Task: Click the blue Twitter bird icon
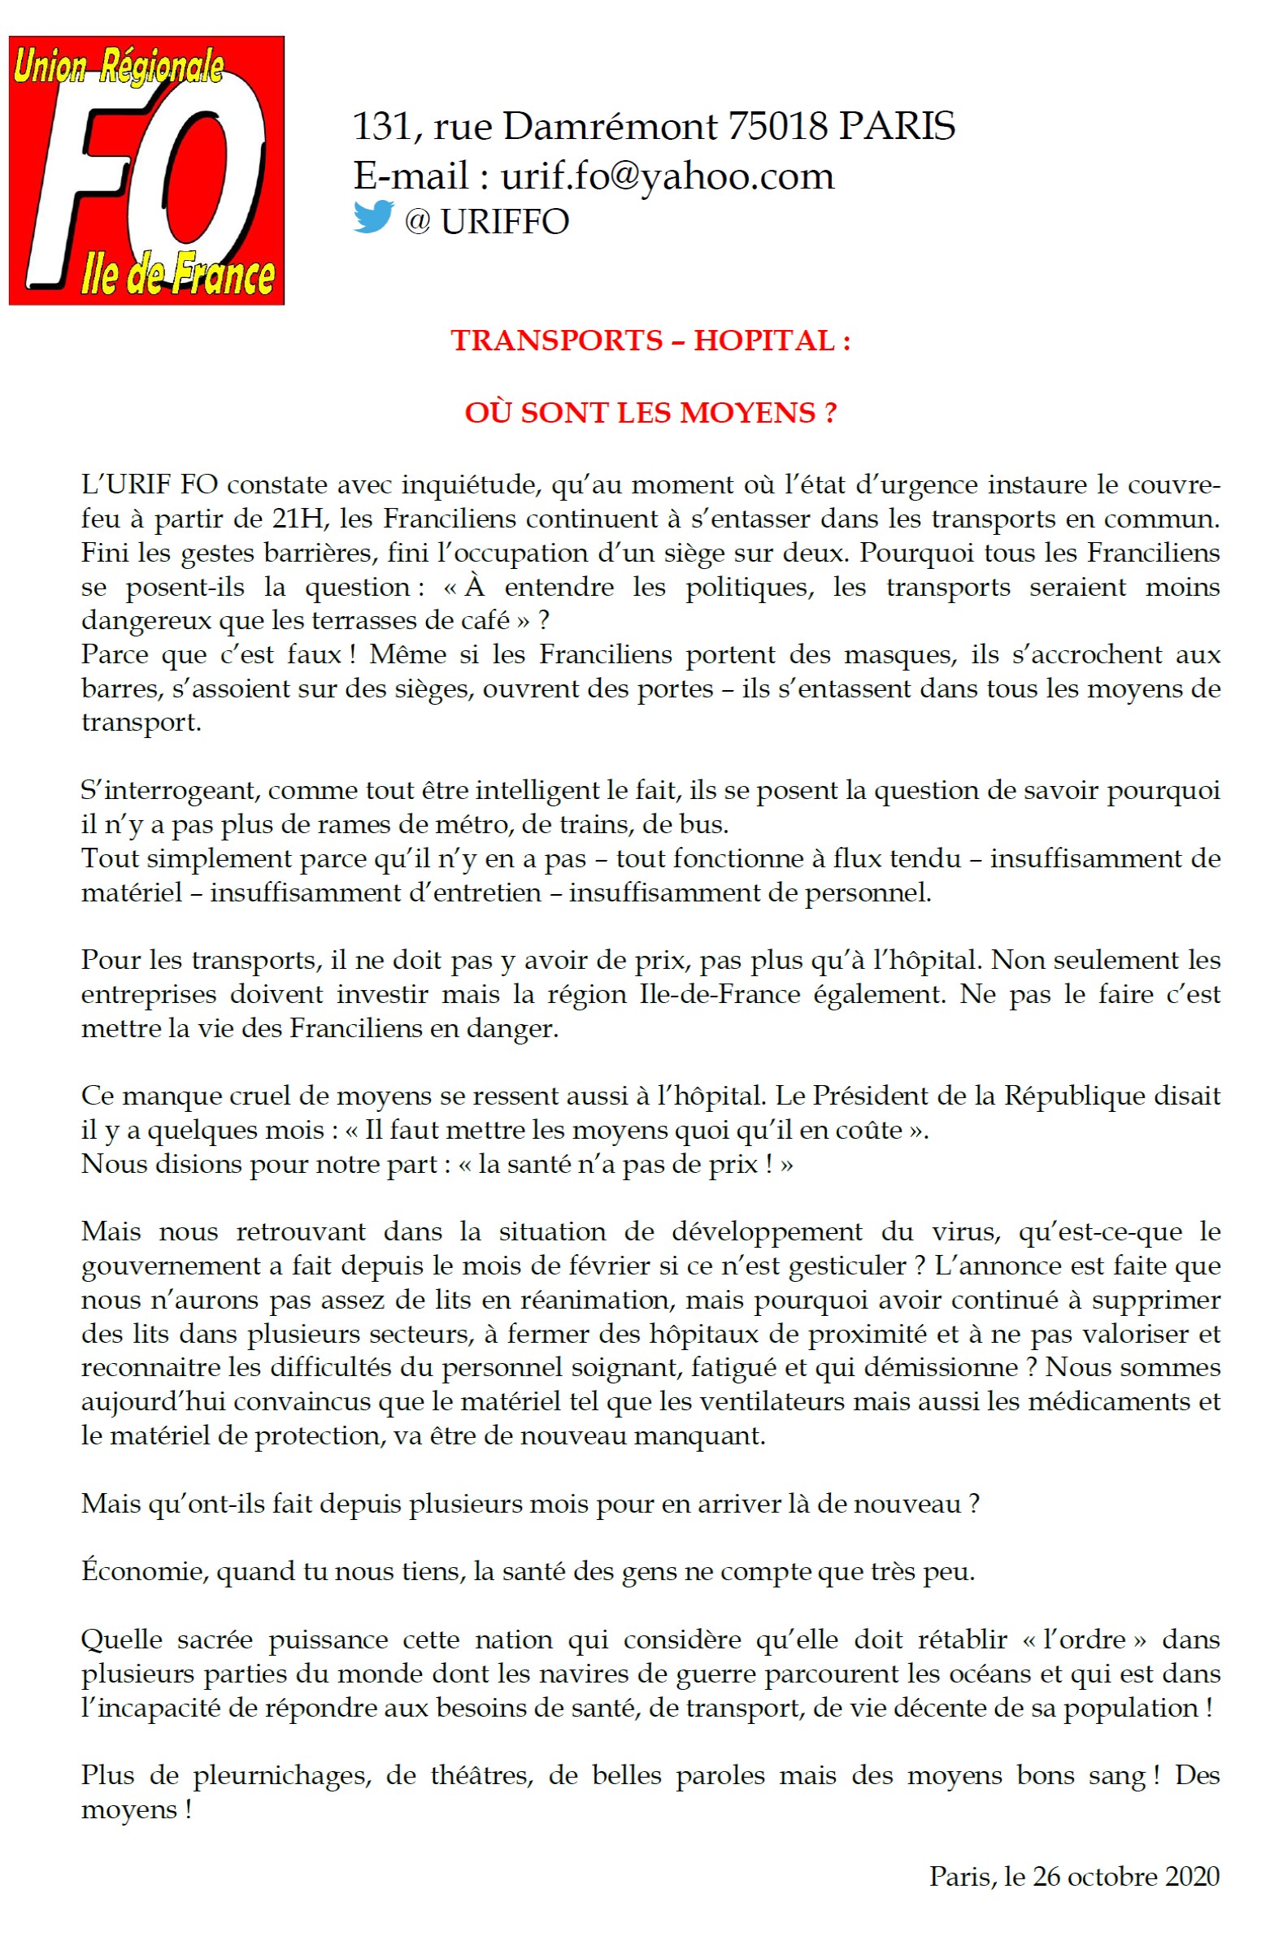[x=373, y=218]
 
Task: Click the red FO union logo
[x=146, y=170]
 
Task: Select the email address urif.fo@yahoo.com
[x=667, y=176]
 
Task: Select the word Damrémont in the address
[x=610, y=127]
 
